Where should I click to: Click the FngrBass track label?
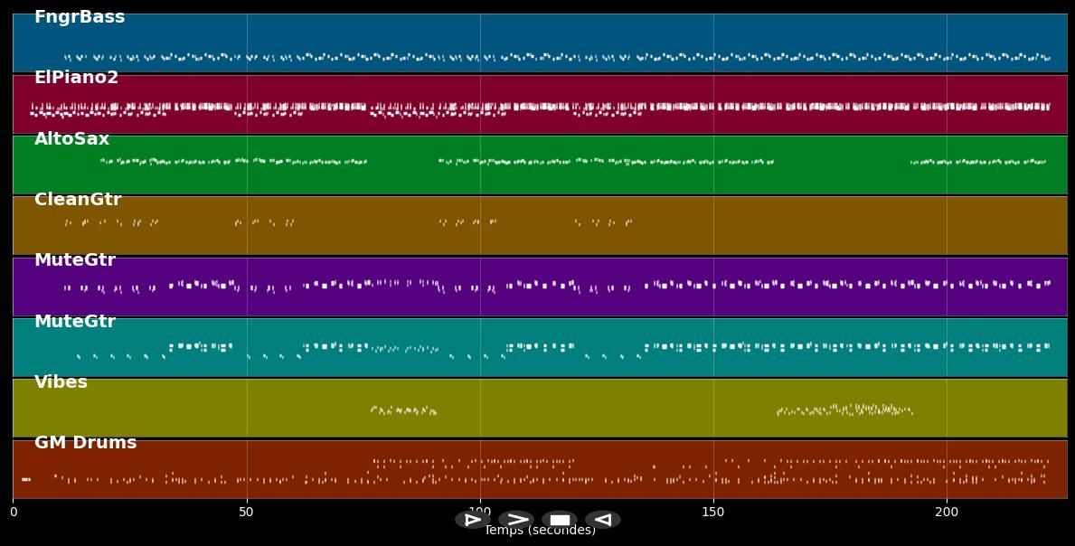[80, 17]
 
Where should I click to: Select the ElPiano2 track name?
[76, 78]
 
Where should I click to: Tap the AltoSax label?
[71, 139]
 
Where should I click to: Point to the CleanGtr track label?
[78, 200]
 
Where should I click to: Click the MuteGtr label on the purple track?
[75, 260]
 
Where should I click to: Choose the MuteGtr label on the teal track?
[75, 322]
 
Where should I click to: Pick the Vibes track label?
[61, 382]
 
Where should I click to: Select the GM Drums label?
[85, 443]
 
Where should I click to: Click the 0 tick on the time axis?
[14, 513]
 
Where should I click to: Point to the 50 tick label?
[247, 513]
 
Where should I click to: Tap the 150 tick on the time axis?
[713, 513]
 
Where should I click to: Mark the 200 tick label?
[947, 513]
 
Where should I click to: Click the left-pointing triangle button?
[602, 520]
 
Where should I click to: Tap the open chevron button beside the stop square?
[516, 520]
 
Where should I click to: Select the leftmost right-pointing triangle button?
[472, 520]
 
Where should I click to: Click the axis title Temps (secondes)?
[540, 532]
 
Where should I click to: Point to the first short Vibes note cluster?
[403, 410]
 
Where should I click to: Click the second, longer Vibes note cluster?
[845, 409]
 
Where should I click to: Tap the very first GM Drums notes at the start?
[26, 479]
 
